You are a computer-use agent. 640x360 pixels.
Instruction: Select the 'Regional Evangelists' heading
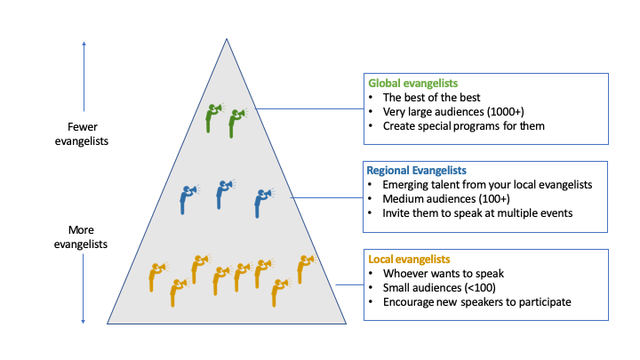[416, 170]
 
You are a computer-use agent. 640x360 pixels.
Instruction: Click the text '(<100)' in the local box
[480, 287]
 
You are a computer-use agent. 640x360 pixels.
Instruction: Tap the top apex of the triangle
[227, 40]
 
